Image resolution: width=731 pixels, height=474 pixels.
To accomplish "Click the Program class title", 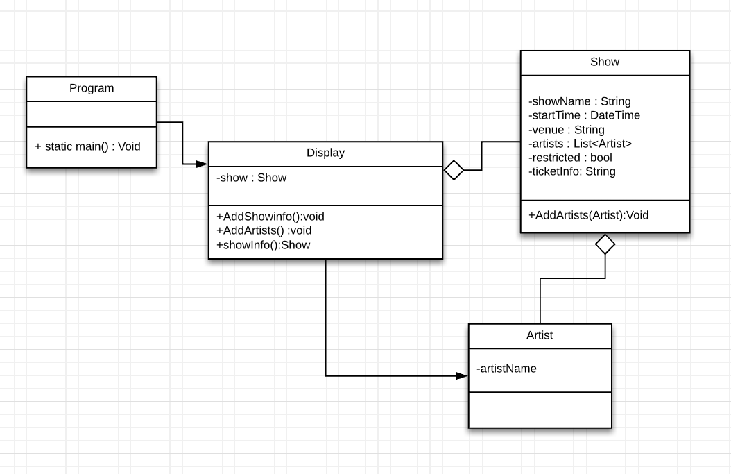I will click(92, 88).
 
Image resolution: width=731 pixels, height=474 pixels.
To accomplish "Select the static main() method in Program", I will click(87, 146).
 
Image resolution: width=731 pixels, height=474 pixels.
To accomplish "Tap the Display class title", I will click(325, 153).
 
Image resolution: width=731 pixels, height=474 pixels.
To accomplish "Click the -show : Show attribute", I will click(251, 178).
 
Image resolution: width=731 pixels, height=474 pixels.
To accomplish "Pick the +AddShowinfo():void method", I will click(270, 217).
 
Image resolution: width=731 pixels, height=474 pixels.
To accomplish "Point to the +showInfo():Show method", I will click(263, 244).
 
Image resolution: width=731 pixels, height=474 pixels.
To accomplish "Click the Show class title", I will click(605, 62).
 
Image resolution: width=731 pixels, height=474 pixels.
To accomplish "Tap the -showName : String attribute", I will click(579, 101).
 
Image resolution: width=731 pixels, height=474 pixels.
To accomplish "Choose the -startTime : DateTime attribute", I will click(584, 115).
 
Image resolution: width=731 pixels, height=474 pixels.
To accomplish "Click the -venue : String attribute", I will click(566, 130).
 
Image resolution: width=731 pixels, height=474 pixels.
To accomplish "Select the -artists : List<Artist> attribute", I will click(580, 144).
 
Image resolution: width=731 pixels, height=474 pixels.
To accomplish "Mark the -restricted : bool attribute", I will click(570, 158).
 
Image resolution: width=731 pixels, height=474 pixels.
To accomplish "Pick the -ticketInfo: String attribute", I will click(571, 171).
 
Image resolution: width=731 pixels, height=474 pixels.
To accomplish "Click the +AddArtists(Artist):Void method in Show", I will click(588, 215).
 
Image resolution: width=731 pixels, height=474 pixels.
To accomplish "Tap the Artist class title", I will click(540, 335).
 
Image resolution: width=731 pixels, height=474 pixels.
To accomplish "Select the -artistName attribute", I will click(506, 369).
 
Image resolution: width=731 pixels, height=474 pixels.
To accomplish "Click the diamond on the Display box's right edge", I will click(454, 169).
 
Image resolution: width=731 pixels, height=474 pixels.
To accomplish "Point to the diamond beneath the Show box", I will click(605, 244).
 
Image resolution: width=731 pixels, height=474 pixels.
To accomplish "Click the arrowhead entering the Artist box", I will click(462, 376).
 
